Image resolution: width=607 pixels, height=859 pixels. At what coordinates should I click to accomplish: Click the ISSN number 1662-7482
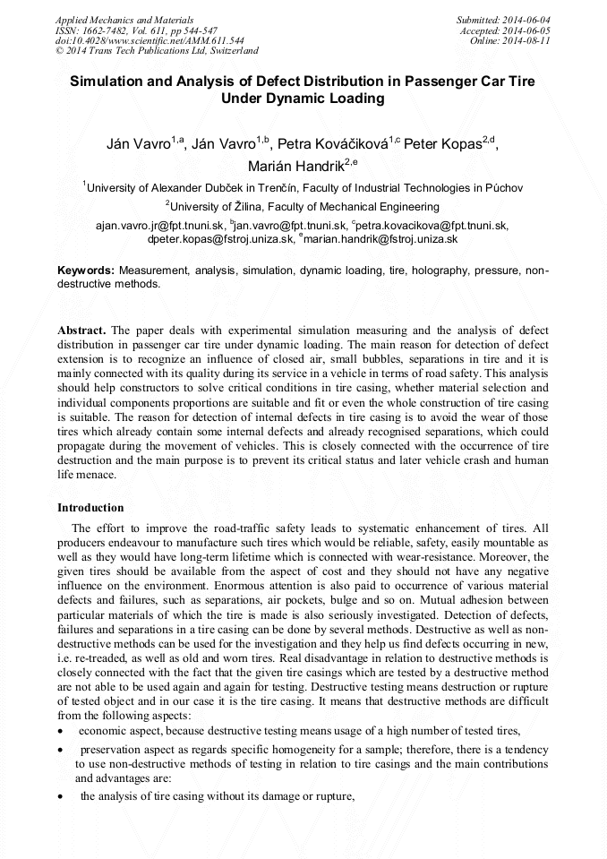tap(108, 30)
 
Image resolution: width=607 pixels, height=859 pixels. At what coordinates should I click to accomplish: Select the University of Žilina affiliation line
tap(303, 206)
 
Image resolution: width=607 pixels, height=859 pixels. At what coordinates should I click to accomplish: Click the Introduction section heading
tap(90, 507)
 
